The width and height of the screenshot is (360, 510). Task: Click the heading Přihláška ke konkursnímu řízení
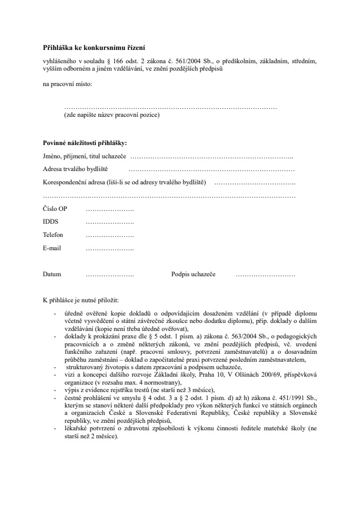[94, 47]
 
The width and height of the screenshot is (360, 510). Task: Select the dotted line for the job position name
[170, 108]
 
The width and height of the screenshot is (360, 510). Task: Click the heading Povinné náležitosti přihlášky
[85, 143]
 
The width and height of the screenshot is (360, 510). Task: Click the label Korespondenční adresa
[72, 183]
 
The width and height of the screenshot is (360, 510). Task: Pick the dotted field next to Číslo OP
[109, 209]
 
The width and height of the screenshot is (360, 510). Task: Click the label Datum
[52, 275]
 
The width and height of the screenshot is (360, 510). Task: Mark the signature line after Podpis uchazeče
[265, 275]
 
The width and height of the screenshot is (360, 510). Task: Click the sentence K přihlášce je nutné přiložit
[81, 301]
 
